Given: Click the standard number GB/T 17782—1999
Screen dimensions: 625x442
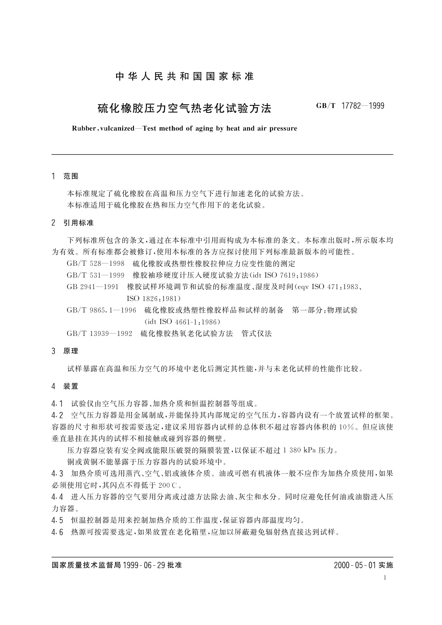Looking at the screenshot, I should (350, 106).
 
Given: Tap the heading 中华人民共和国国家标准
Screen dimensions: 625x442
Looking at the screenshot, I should (184, 76).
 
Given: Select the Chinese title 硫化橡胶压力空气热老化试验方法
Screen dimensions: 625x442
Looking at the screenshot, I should (184, 108).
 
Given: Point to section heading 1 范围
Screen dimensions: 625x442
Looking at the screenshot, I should (66, 176).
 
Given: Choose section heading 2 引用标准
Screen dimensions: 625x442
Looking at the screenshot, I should (73, 223).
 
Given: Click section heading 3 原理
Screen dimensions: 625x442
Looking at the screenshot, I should (66, 351).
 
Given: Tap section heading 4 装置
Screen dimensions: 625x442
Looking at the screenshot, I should (66, 386).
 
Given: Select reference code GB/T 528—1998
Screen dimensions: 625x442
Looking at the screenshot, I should (95, 264).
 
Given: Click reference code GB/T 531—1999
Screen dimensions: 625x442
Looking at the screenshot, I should (95, 275).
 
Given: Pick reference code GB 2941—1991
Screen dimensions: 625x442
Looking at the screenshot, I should (92, 287).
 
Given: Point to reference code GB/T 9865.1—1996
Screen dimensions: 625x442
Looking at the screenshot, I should (101, 310).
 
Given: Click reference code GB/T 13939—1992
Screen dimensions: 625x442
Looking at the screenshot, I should (99, 333).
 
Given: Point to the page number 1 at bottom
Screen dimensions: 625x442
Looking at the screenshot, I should (385, 577).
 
